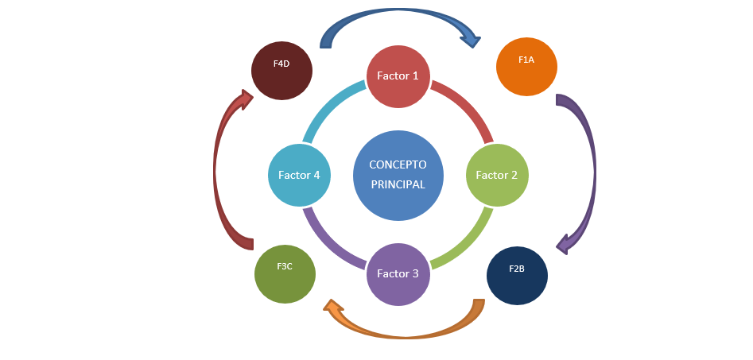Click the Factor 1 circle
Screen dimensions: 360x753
click(x=398, y=75)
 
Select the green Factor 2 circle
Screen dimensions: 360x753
click(x=496, y=175)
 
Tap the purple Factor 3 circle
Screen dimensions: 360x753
click(x=398, y=274)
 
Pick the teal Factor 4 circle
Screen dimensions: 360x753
click(x=299, y=175)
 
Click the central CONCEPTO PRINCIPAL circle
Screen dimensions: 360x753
click(x=398, y=175)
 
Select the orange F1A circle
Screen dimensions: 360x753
click(x=526, y=66)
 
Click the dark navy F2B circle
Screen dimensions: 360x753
click(x=517, y=275)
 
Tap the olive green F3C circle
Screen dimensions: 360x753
click(x=285, y=273)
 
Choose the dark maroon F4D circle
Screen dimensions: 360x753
click(x=281, y=70)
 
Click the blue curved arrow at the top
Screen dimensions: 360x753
click(x=390, y=14)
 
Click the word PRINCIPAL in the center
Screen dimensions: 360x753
click(x=398, y=184)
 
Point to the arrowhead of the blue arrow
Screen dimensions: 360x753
click(x=472, y=37)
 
